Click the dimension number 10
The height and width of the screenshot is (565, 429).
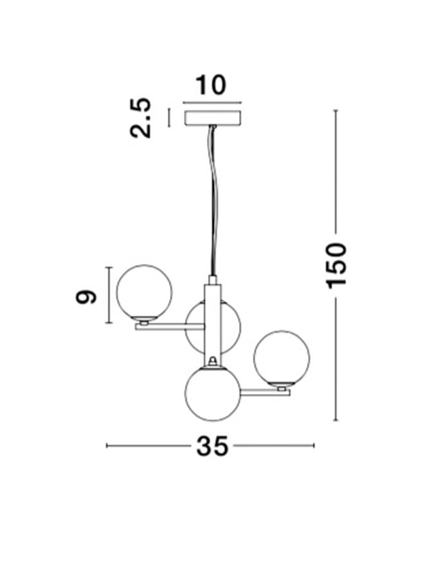point(211,85)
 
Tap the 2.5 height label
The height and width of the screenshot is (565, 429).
point(140,118)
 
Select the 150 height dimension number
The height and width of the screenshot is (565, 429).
point(336,266)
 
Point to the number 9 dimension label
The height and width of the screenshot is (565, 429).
point(86,296)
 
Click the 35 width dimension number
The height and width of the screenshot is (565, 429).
point(212,446)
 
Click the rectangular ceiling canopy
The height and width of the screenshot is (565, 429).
point(212,118)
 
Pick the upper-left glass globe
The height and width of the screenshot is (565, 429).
point(144,292)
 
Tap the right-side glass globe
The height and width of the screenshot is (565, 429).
point(281,358)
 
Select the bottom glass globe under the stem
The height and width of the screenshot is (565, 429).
point(213,393)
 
